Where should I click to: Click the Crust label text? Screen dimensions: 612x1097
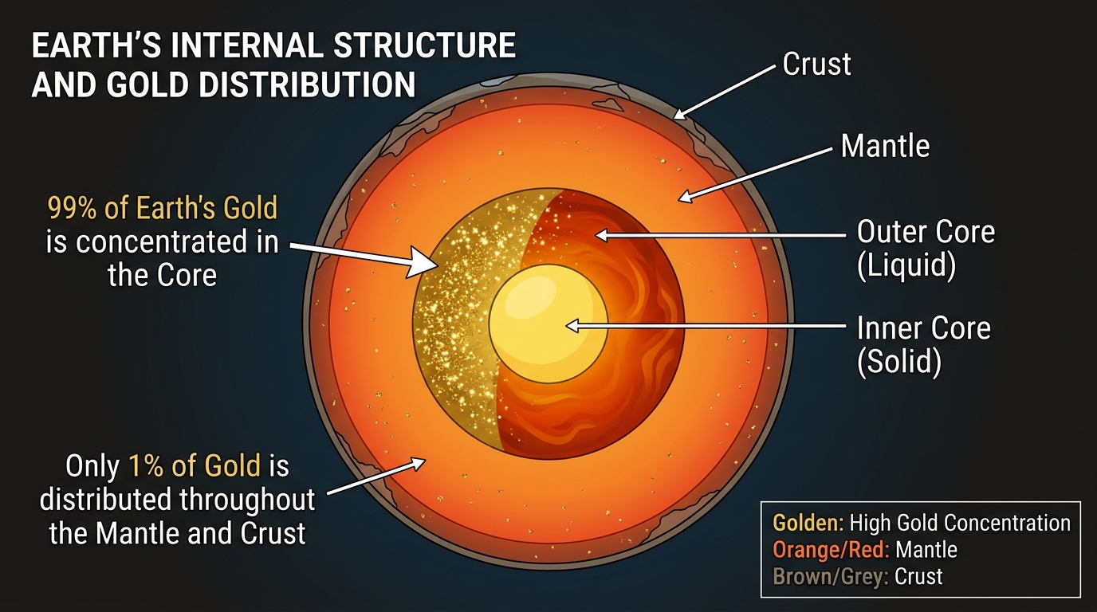click(x=816, y=64)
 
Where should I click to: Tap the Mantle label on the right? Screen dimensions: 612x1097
click(x=885, y=146)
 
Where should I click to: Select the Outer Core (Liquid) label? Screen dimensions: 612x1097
click(x=925, y=248)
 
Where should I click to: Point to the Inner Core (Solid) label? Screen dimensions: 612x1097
click(x=923, y=344)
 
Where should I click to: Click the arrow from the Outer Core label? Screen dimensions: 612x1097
click(x=718, y=235)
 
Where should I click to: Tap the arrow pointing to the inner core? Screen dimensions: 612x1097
click(x=702, y=326)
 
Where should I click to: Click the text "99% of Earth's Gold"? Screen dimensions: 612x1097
click(x=163, y=208)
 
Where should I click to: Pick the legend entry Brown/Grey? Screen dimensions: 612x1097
click(x=829, y=576)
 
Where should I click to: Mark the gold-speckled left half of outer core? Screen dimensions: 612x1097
click(x=454, y=327)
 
